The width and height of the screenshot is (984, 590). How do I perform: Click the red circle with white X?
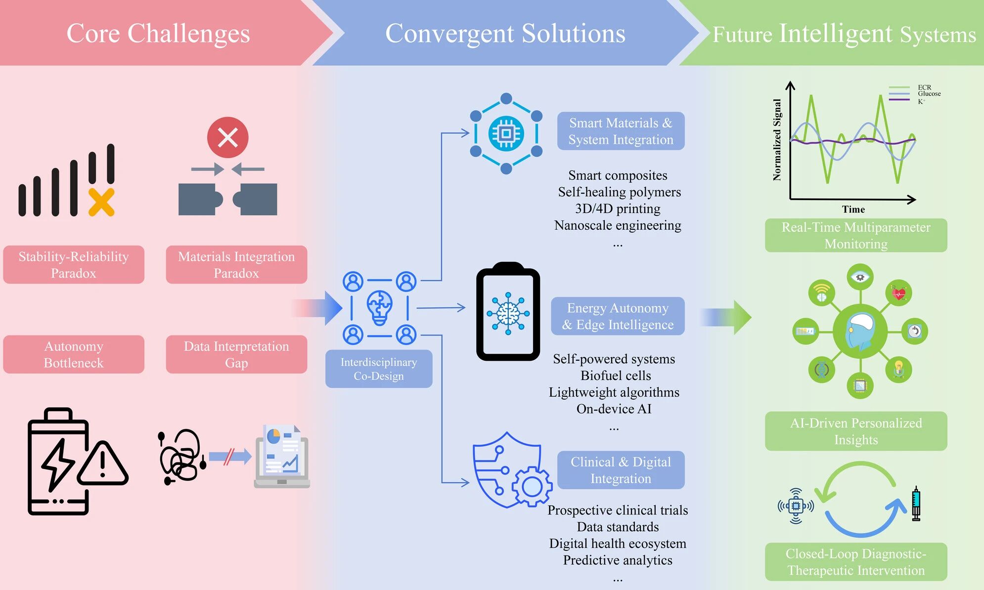(x=227, y=137)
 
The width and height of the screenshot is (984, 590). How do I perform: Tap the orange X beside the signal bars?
(x=101, y=202)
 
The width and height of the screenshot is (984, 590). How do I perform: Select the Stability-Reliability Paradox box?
(x=74, y=264)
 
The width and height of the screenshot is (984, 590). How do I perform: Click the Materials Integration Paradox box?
(x=236, y=264)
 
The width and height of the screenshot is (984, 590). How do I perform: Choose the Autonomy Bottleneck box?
(x=74, y=354)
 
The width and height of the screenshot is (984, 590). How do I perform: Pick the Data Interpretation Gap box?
(x=236, y=354)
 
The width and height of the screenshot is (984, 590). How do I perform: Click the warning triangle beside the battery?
(x=102, y=464)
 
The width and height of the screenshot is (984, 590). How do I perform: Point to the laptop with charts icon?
(x=282, y=457)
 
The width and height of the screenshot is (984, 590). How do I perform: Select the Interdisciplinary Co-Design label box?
(x=379, y=369)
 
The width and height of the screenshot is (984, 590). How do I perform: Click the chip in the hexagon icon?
(x=506, y=133)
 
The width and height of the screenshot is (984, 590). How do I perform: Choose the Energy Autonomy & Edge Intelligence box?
(x=618, y=316)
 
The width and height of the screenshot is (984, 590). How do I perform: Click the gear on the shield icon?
(x=532, y=487)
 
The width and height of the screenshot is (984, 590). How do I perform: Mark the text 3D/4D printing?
(x=618, y=209)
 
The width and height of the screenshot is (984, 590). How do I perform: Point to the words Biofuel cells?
(x=616, y=376)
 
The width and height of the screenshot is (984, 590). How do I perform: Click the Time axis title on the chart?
(x=853, y=210)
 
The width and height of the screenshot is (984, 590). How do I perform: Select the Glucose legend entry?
(x=915, y=93)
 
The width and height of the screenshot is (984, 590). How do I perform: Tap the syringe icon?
(x=916, y=504)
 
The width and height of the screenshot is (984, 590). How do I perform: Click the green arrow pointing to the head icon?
(x=726, y=317)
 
